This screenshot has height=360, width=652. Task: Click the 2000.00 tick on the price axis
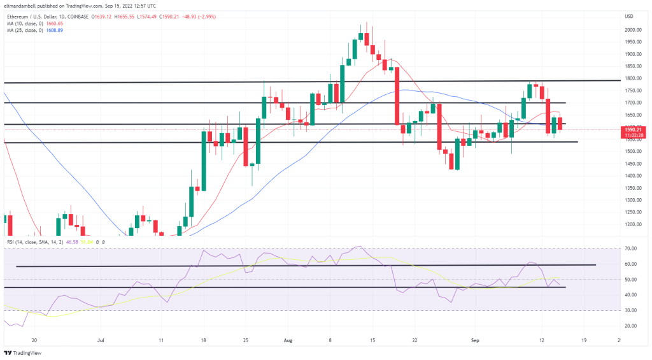click(x=632, y=30)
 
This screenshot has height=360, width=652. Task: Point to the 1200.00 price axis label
click(x=632, y=225)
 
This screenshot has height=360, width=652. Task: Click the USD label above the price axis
click(x=628, y=16)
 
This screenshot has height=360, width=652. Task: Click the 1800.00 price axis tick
click(x=632, y=78)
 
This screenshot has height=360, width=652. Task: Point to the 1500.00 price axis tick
click(x=632, y=152)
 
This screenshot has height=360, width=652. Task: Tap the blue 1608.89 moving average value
click(x=55, y=31)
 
